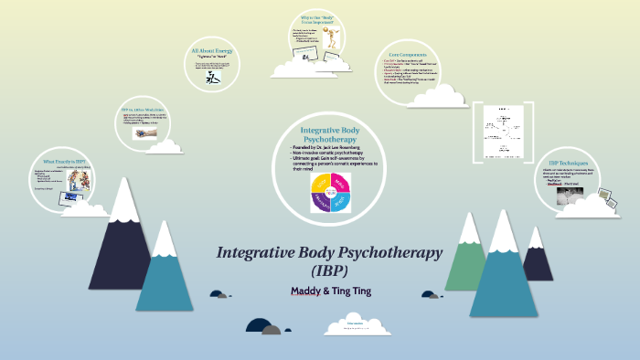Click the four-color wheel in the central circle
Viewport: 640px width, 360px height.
click(x=327, y=192)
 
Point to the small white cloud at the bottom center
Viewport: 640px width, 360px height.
click(x=355, y=323)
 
